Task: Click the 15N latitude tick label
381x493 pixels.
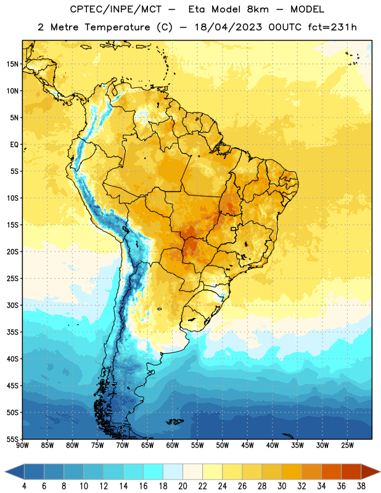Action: pyautogui.click(x=12, y=64)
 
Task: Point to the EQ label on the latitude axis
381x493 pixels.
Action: pyautogui.click(x=14, y=145)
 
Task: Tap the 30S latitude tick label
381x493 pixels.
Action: pyautogui.click(x=12, y=305)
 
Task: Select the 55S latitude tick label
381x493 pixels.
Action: pyautogui.click(x=12, y=439)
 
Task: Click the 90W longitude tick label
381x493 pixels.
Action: pyautogui.click(x=22, y=446)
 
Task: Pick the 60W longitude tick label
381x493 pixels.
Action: pyautogui.click(x=173, y=446)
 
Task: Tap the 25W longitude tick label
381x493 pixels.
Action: pyautogui.click(x=347, y=446)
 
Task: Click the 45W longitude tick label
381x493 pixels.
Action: pyautogui.click(x=247, y=446)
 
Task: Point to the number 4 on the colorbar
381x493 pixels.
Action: pyautogui.click(x=24, y=486)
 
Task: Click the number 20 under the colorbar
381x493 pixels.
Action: pyautogui.click(x=182, y=486)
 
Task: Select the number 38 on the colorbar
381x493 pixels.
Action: pyautogui.click(x=361, y=486)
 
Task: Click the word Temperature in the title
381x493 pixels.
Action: pyautogui.click(x=117, y=27)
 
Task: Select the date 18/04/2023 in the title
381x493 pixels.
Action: pyautogui.click(x=228, y=27)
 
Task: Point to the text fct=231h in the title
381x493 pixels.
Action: pyautogui.click(x=332, y=27)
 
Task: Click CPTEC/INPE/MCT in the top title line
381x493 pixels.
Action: pyautogui.click(x=115, y=9)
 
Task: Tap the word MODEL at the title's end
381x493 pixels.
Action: pyautogui.click(x=307, y=9)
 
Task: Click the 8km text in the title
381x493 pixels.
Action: pyautogui.click(x=258, y=9)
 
